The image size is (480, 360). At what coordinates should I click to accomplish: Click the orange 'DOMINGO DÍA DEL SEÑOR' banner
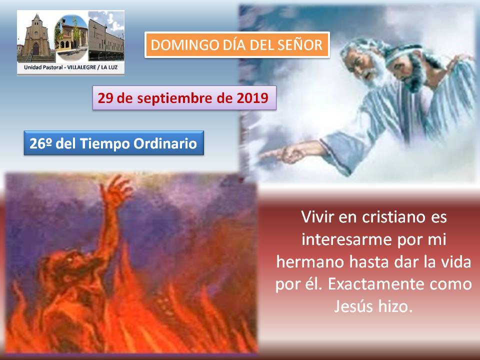click(x=237, y=44)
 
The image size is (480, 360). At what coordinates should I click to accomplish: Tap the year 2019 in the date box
click(x=252, y=98)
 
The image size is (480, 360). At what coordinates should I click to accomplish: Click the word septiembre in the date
click(x=175, y=98)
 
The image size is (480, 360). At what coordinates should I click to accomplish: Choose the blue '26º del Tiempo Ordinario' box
click(x=113, y=143)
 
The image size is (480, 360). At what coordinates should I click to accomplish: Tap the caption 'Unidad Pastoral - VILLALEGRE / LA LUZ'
click(x=70, y=67)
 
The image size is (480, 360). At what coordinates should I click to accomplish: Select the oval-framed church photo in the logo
click(x=71, y=37)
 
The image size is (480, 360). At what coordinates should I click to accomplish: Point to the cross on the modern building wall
click(x=94, y=30)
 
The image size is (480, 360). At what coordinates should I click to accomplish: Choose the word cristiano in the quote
click(x=394, y=217)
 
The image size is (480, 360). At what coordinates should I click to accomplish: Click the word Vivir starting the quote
click(x=317, y=217)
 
